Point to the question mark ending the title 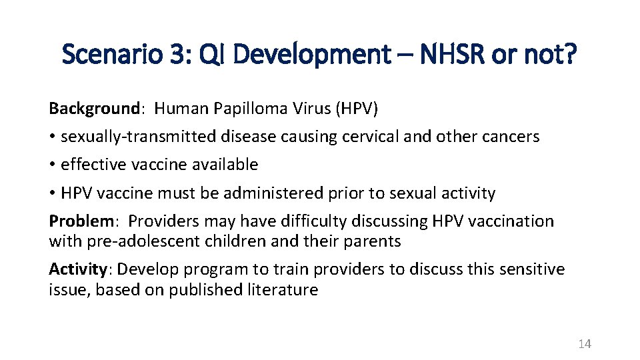pyautogui.click(x=570, y=55)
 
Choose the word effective pyautogui.click(x=92, y=165)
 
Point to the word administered pyautogui.click(x=275, y=193)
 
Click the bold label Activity pyautogui.click(x=77, y=269)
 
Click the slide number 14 pyautogui.click(x=585, y=344)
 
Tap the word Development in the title pyautogui.click(x=312, y=55)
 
